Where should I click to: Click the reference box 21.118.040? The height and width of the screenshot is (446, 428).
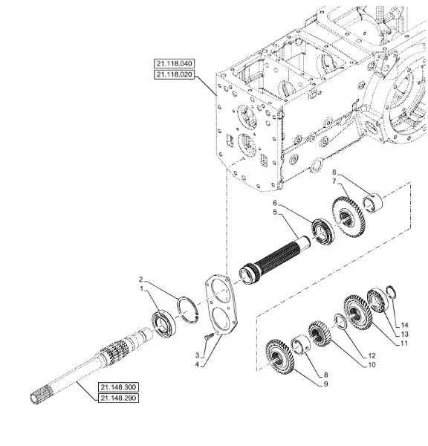174,63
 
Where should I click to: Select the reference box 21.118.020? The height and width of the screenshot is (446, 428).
174,74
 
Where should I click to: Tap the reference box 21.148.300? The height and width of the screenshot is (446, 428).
118,387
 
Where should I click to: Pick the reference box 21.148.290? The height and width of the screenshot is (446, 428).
118,398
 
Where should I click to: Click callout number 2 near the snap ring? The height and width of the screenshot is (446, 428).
140,279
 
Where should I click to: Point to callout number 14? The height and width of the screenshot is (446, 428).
404,325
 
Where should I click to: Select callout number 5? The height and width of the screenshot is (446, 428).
275,212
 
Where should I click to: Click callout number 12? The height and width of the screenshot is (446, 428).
372,355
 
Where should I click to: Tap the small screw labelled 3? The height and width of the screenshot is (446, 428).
208,337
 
